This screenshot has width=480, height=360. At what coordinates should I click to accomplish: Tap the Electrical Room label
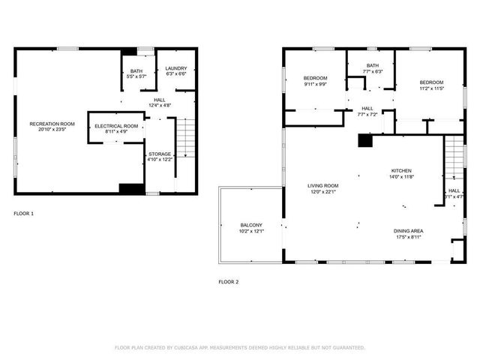116,125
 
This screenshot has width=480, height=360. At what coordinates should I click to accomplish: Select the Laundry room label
176,67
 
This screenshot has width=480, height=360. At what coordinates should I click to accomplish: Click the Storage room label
159,154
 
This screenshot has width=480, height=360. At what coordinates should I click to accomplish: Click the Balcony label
251,225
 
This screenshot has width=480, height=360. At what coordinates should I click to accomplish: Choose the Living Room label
322,185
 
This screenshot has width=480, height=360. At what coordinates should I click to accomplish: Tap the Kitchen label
401,170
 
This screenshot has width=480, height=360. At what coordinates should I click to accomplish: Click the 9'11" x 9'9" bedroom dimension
315,85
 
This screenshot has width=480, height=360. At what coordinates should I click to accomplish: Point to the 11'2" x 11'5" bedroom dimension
431,88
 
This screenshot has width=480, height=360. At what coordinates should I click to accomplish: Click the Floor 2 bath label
373,65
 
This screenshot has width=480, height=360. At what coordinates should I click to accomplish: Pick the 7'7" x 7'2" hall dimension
367,115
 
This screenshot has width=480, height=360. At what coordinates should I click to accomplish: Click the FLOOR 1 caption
24,214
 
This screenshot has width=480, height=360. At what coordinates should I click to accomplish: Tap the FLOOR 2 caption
228,282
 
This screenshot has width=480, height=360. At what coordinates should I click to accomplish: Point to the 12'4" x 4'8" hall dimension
160,106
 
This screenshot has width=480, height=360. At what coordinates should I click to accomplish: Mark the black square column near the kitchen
365,140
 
